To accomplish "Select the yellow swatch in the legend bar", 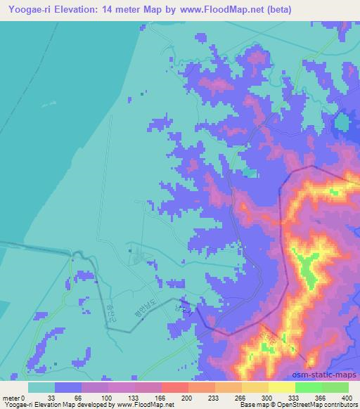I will [x=282, y=387].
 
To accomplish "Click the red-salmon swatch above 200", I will [x=175, y=387].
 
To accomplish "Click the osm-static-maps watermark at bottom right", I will [x=330, y=374].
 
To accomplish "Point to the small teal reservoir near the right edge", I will [x=342, y=124].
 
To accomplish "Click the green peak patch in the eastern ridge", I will [x=306, y=268].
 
